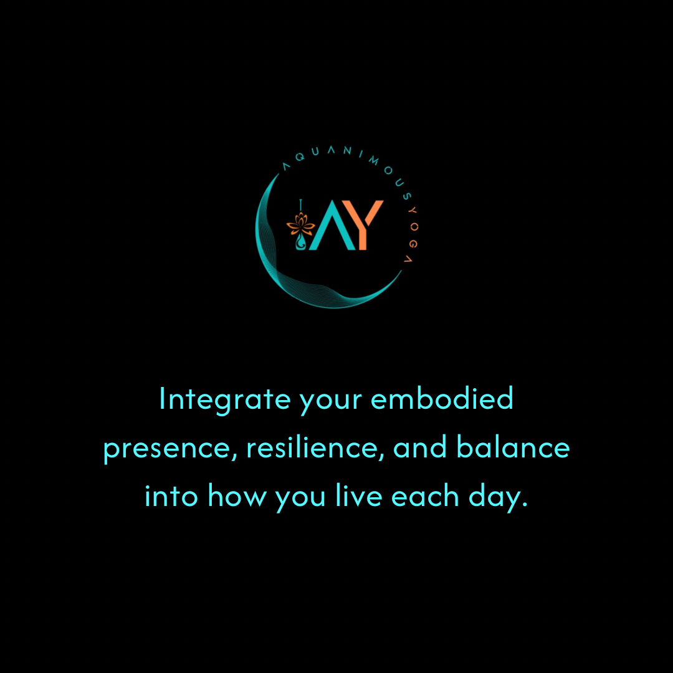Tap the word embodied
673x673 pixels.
click(442, 398)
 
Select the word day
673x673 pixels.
click(498, 497)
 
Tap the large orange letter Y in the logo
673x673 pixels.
click(363, 225)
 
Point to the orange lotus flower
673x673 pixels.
click(300, 223)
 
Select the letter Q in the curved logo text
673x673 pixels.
click(300, 157)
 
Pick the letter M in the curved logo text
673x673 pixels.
click(374, 161)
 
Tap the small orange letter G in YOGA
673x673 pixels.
click(413, 244)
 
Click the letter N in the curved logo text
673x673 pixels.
click(347, 150)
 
